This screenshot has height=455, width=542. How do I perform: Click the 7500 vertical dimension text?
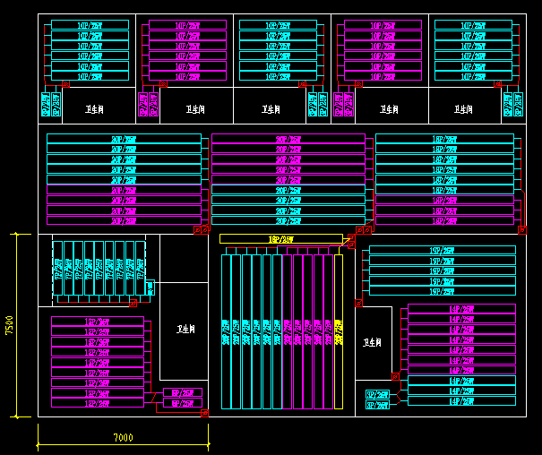click(x=9, y=324)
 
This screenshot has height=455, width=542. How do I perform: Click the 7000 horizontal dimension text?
click(x=123, y=437)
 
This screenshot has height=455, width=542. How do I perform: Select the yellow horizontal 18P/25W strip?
click(x=280, y=239)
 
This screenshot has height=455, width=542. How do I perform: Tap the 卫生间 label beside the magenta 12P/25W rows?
click(x=185, y=329)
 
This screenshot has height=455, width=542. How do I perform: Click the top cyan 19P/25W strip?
click(x=443, y=250)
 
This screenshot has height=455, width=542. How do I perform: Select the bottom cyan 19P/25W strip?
click(x=443, y=292)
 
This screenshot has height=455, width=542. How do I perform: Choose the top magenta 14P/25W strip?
click(x=461, y=308)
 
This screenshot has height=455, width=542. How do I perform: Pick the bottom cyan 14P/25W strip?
click(x=461, y=401)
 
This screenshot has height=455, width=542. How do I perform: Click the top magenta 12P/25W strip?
click(x=97, y=321)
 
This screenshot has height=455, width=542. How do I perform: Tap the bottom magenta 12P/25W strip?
click(x=97, y=404)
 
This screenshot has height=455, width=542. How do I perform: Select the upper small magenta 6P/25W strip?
click(x=183, y=393)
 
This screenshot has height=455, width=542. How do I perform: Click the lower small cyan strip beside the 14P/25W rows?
click(x=377, y=405)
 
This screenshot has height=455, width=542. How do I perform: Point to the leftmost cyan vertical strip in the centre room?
click(x=225, y=331)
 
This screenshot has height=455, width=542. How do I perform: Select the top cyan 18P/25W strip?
click(x=444, y=139)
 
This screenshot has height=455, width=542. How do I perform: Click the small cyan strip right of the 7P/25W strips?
click(x=150, y=288)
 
